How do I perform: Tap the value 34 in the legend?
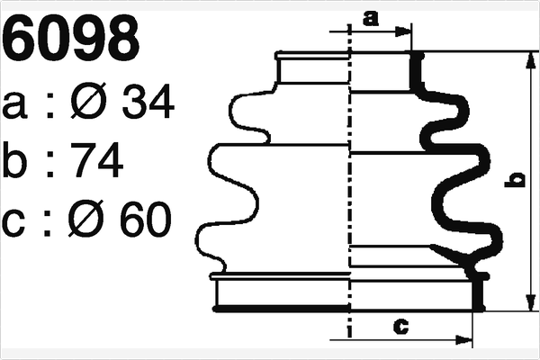tap(146, 105)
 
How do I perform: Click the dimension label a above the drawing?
tap(371, 17)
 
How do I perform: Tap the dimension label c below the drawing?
tap(402, 326)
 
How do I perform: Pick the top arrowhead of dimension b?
tap(526, 58)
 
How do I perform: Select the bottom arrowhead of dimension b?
tap(526, 303)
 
